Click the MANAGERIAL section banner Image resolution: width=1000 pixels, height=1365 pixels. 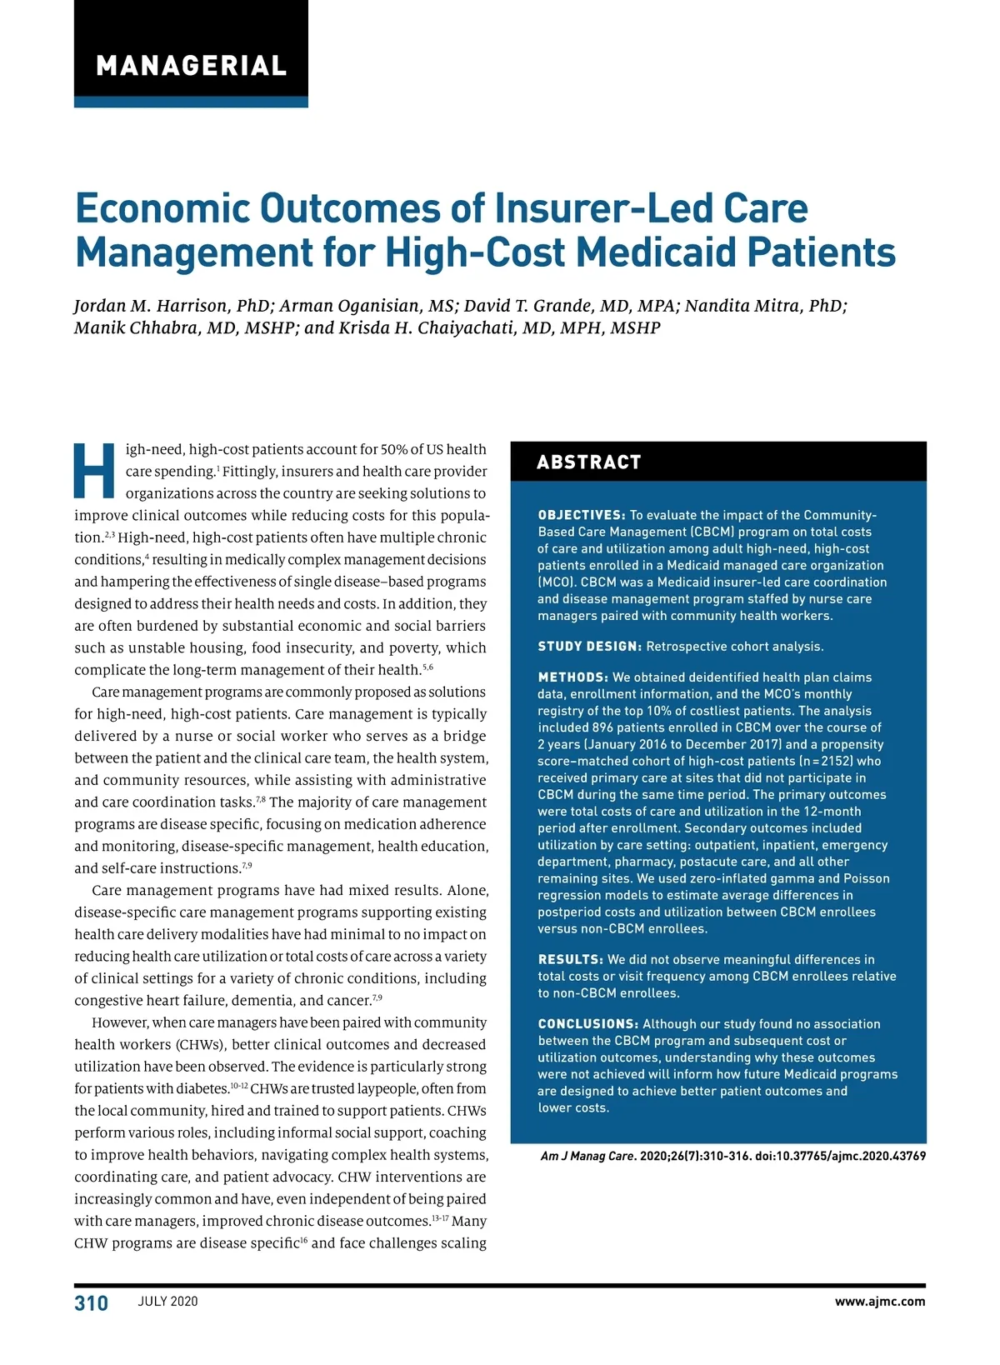point(191,66)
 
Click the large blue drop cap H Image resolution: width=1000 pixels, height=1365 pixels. point(95,471)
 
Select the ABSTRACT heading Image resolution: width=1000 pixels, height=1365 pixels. point(589,462)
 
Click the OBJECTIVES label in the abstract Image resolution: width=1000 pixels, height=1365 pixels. point(582,515)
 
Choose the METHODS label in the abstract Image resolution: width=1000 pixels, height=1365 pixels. point(572,677)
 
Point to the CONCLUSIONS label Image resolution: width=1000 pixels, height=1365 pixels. point(588,1024)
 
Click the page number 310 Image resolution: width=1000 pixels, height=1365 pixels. point(92,1303)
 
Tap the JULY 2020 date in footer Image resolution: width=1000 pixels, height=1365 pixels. point(168,1302)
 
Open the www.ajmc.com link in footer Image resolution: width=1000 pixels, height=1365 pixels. point(880,1302)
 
